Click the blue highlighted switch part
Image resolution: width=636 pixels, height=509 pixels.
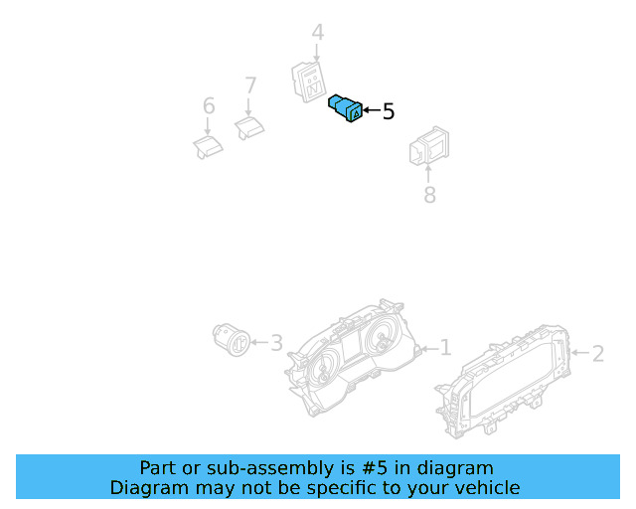[345, 108]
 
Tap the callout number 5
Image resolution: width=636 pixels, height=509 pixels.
[389, 111]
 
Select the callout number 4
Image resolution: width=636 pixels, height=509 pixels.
[318, 33]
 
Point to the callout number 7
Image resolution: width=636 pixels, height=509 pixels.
[250, 85]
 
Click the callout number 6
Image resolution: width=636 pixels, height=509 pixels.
[209, 106]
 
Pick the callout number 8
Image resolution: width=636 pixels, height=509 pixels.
[429, 195]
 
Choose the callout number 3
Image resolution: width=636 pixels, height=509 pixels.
[276, 343]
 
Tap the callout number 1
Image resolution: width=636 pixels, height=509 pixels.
[446, 348]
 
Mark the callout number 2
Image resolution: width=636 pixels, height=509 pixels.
[598, 354]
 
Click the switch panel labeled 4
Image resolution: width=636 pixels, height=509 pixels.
[309, 82]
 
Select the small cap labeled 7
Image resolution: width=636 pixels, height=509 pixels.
[249, 128]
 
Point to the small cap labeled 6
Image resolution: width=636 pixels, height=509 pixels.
[208, 147]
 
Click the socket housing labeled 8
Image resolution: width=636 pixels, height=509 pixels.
[429, 146]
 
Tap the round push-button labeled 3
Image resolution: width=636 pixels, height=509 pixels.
[232, 340]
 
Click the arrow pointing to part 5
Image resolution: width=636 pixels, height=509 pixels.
[372, 110]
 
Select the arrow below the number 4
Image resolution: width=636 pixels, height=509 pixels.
[316, 53]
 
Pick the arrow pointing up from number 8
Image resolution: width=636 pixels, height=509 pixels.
[428, 173]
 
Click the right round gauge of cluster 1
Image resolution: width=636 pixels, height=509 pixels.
[383, 338]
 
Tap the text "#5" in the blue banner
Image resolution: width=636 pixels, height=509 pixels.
[374, 468]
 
